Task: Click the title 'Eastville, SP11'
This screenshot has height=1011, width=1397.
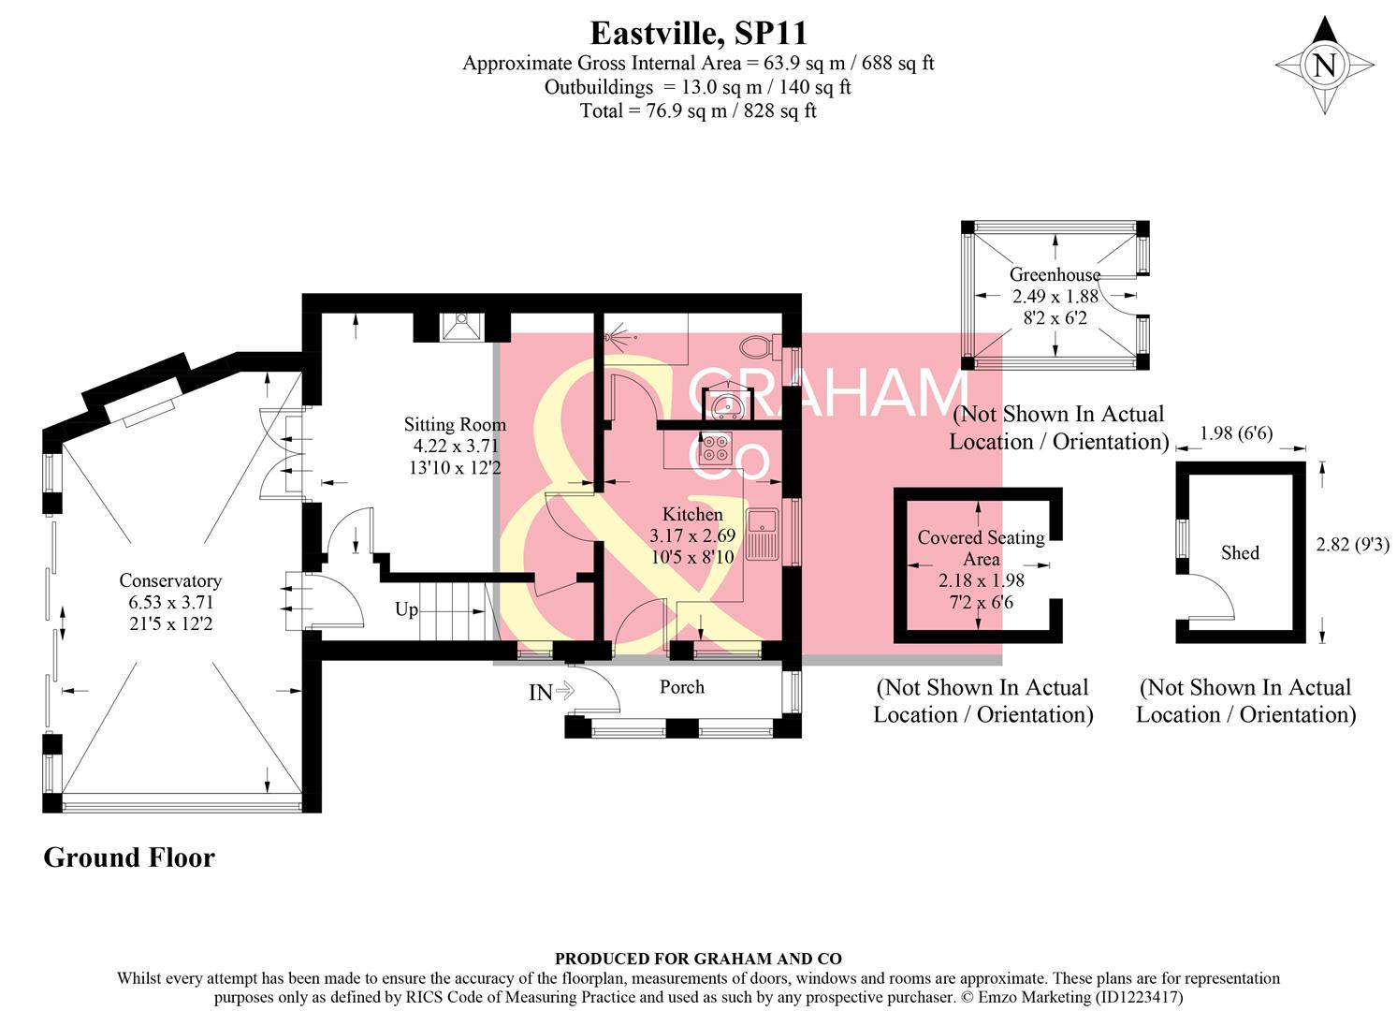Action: click(698, 33)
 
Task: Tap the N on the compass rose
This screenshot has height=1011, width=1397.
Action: click(1324, 66)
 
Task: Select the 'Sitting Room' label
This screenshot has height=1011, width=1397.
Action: click(455, 424)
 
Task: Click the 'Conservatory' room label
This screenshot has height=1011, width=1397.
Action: click(170, 580)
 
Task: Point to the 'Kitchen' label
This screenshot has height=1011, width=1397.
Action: click(692, 514)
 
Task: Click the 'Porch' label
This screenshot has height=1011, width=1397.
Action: click(681, 687)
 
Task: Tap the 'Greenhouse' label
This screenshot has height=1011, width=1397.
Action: click(1055, 274)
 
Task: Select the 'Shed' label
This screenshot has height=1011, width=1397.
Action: click(1240, 553)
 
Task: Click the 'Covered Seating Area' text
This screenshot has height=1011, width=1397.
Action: click(981, 548)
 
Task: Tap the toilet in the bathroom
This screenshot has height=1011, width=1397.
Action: click(756, 347)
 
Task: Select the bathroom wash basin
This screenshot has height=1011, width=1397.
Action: click(724, 405)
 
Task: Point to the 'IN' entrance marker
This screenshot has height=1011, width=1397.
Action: click(541, 693)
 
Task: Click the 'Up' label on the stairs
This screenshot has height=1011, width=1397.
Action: click(406, 609)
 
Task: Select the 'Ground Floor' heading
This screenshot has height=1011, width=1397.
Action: click(129, 857)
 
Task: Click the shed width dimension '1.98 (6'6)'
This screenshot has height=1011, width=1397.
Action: click(1235, 433)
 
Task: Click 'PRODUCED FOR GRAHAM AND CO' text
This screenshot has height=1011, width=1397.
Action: click(698, 959)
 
